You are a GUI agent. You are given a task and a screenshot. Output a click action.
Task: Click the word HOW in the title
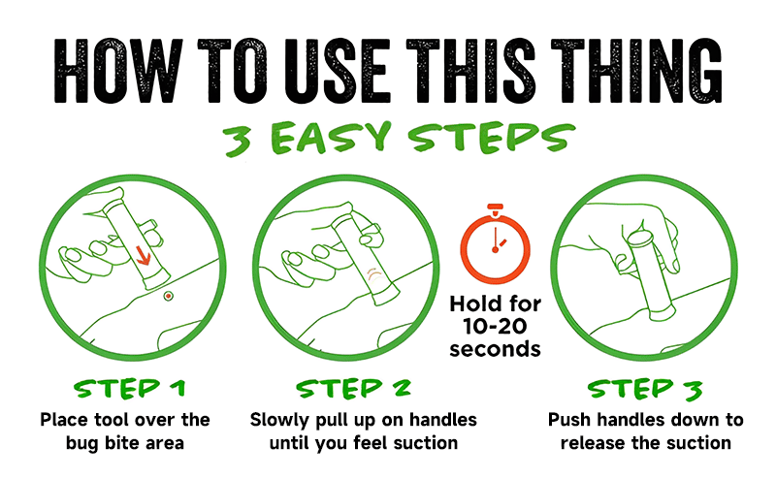click(x=117, y=70)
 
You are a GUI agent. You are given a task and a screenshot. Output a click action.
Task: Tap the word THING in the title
click(x=637, y=70)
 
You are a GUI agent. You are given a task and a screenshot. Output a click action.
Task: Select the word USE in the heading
click(x=338, y=70)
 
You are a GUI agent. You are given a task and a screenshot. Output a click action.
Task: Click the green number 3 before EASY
click(x=237, y=140)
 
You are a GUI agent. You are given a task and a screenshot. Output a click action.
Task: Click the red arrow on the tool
click(x=143, y=255)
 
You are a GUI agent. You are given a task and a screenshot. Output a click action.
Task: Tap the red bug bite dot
click(x=168, y=296)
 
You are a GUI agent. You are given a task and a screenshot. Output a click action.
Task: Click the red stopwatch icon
click(x=495, y=243)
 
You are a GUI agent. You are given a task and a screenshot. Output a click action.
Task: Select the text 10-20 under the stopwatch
click(x=495, y=326)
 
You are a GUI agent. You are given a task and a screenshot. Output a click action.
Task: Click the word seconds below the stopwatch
click(x=495, y=348)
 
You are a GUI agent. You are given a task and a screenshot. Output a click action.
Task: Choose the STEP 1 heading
click(x=129, y=389)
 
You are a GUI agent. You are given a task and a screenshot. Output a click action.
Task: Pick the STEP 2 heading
click(x=353, y=389)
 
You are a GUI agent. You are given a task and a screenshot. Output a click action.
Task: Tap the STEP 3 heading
click(x=645, y=389)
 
